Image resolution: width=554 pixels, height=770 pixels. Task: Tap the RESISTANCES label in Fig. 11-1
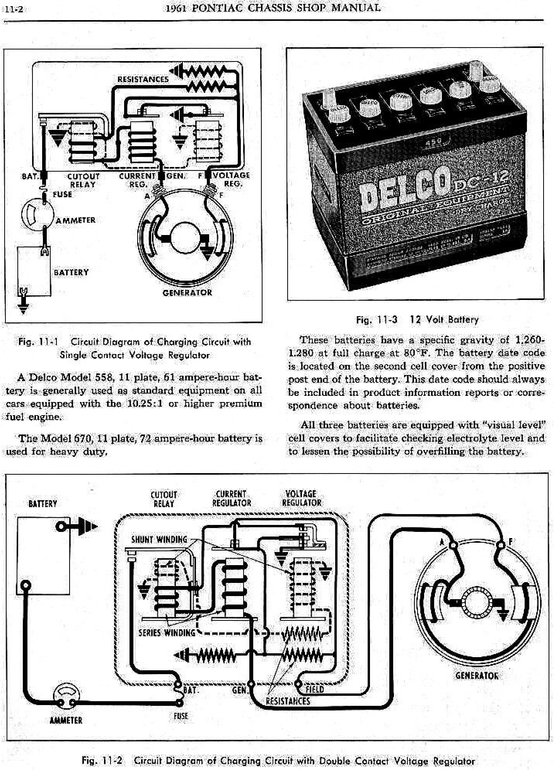click(143, 79)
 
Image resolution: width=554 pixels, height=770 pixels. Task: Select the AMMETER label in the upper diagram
click(75, 220)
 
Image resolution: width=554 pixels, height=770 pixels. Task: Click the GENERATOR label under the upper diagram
click(187, 293)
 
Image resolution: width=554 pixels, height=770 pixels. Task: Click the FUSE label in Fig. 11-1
click(62, 194)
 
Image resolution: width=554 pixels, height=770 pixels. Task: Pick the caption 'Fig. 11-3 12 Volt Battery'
click(417, 320)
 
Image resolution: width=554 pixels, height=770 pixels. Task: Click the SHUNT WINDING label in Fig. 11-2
click(159, 540)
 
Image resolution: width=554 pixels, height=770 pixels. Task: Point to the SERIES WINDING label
click(167, 633)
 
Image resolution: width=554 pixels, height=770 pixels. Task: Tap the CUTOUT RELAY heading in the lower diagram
click(164, 499)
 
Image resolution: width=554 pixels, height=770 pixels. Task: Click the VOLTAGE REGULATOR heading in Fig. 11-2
click(301, 498)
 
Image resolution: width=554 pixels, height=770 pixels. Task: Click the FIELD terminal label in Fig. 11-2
click(314, 689)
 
